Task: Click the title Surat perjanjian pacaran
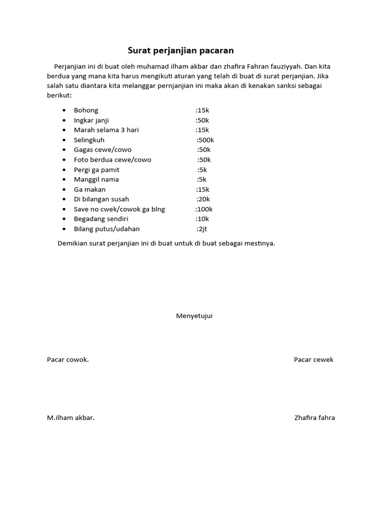[180, 50]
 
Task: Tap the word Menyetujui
[194, 316]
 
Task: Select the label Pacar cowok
[68, 359]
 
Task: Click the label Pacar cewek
[313, 359]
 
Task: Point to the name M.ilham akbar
[71, 418]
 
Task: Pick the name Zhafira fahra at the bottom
[314, 418]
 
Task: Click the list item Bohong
[86, 110]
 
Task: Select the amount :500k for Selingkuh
[205, 140]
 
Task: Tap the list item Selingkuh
[89, 140]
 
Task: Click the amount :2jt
[202, 229]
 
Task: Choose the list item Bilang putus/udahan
[107, 229]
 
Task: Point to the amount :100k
[204, 209]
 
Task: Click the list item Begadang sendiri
[101, 219]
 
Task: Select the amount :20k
[203, 199]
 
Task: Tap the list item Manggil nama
[96, 179]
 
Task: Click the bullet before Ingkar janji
[64, 120]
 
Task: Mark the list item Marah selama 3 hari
[106, 130]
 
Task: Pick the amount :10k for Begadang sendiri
[202, 219]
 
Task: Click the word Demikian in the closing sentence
[72, 243]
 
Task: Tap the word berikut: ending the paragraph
[60, 95]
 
